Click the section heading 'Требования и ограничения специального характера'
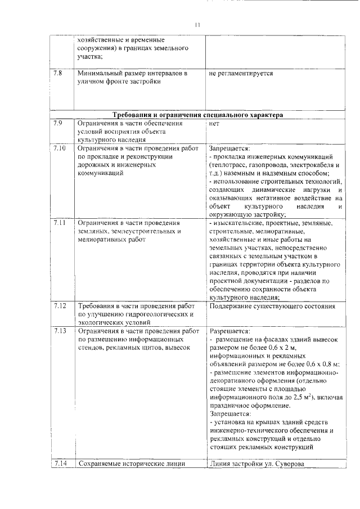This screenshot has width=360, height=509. [198, 115]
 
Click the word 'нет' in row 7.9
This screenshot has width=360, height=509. [214, 123]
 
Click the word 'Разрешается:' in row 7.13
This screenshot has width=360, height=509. [229, 331]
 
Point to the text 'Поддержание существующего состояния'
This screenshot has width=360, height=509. [272, 307]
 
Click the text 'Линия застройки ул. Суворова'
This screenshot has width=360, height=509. [256, 465]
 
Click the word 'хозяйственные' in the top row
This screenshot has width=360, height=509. [102, 40]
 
